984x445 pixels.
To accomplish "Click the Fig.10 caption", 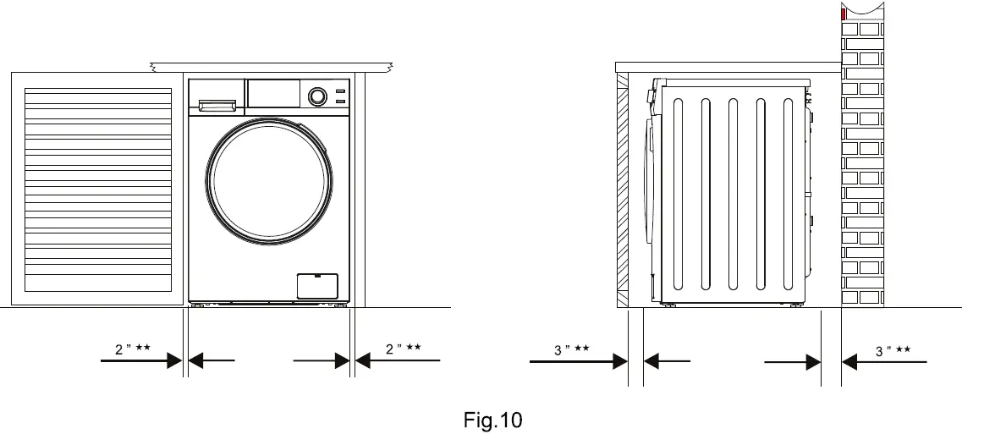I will pyautogui.click(x=493, y=420).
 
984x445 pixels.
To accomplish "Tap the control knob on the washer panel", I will pyautogui.click(x=317, y=96).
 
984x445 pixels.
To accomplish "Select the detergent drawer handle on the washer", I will pyautogui.click(x=217, y=105).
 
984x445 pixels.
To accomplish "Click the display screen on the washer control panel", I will pyautogui.click(x=274, y=94).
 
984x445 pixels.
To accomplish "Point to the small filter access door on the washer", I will pyautogui.click(x=317, y=286).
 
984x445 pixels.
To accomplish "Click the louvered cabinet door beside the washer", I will pyautogui.click(x=98, y=188).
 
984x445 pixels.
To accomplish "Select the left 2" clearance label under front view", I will pyautogui.click(x=132, y=349).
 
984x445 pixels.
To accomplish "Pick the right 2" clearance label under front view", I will pyautogui.click(x=404, y=349).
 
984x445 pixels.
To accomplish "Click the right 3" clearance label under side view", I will pyautogui.click(x=893, y=350).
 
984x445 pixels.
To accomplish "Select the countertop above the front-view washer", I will pyautogui.click(x=271, y=66).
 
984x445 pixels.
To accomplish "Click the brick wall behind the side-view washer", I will pyautogui.click(x=862, y=169).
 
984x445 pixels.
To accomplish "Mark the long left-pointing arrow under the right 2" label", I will pyautogui.click(x=398, y=361).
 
